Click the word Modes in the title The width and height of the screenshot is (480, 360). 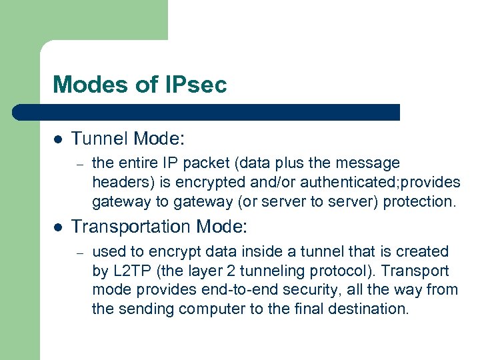(83, 85)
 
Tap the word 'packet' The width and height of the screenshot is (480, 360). (193, 163)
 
